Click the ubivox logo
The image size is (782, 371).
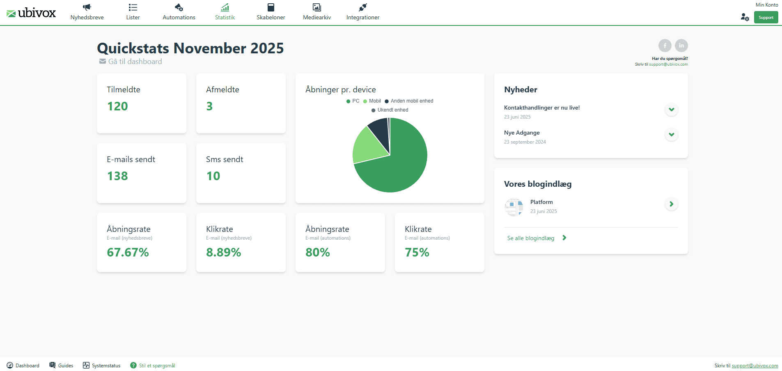31,13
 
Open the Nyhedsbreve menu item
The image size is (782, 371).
87,12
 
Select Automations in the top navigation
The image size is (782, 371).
179,12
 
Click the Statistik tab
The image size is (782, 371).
225,12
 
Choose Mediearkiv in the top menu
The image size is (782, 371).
317,12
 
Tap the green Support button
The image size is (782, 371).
766,18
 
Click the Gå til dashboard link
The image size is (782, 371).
135,62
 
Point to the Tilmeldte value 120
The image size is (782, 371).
117,106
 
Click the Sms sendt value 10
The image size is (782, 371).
213,176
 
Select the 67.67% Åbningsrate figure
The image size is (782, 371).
128,252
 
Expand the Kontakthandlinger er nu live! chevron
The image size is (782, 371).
671,110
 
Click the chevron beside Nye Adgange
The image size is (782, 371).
671,135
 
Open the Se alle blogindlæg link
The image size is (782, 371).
531,238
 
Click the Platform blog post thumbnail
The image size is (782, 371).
514,207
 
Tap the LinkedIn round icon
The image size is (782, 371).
681,46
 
